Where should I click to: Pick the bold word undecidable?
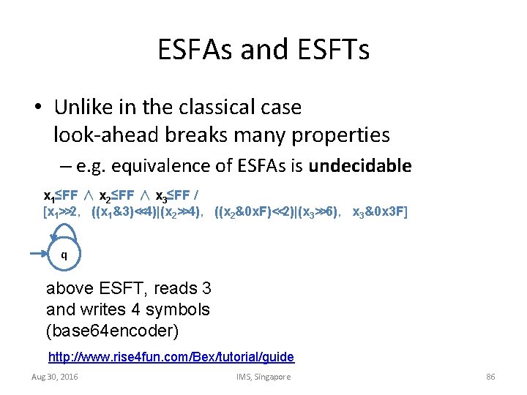coord(360,166)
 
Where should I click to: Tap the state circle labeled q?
coord(64,255)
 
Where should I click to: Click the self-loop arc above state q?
coord(64,229)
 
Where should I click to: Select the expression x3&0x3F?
coord(380,212)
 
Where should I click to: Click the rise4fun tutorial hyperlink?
coord(171,357)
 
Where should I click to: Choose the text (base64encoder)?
coord(112,330)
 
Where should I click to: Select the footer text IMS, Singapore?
coord(263,377)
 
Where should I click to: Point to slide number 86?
coord(490,377)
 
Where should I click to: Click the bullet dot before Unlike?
coord(37,108)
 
